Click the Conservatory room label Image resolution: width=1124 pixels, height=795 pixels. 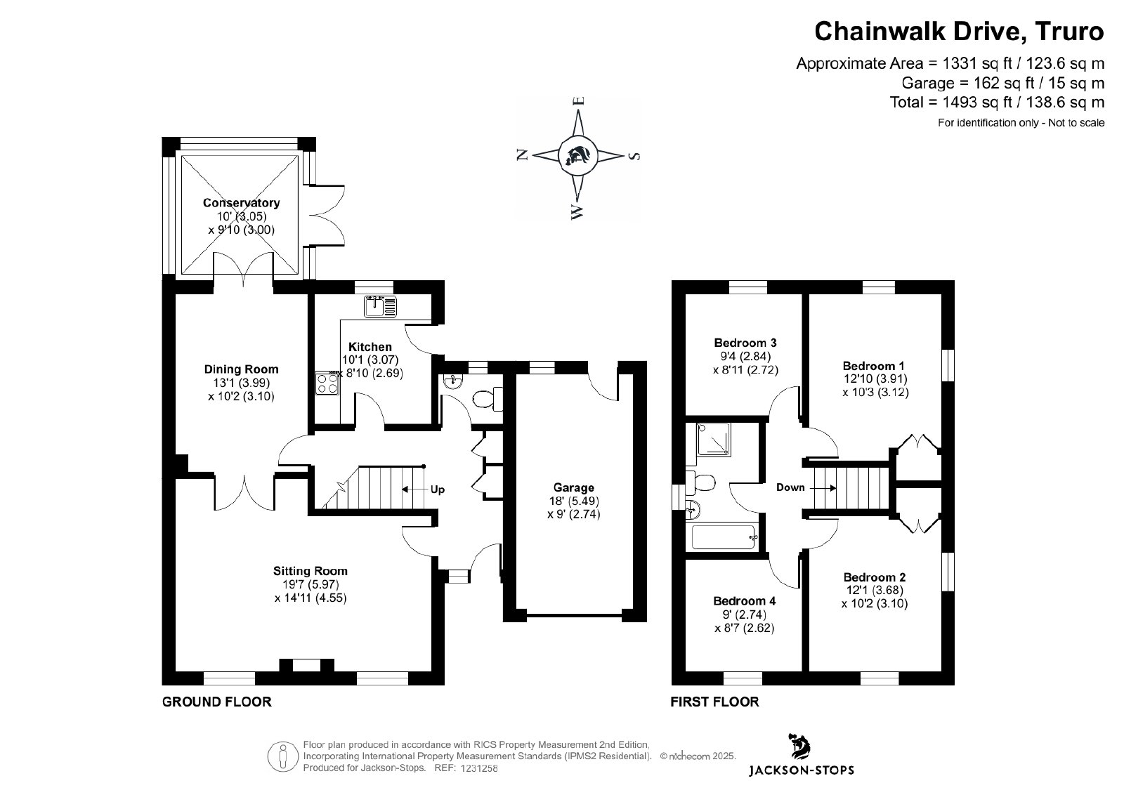point(241,203)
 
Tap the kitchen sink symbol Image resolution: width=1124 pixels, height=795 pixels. point(380,306)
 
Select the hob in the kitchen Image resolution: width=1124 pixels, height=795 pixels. point(327,383)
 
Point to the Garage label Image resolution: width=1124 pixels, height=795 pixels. point(574,487)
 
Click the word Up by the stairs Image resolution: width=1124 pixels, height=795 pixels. point(437,490)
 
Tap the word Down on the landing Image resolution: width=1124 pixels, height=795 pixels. point(790,487)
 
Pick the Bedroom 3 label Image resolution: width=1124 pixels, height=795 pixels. point(745,343)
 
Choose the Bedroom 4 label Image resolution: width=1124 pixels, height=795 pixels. point(744,601)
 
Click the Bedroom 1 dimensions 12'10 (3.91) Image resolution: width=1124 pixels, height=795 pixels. point(875,379)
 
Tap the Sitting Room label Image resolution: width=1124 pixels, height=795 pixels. point(311,571)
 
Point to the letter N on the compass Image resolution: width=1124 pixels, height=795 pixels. point(522,155)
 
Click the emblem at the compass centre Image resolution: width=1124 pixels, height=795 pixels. point(577,155)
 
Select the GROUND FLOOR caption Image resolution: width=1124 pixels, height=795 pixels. point(216,702)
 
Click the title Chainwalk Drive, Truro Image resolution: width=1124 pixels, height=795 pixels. point(959,32)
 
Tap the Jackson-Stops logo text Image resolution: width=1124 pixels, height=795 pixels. point(799,770)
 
